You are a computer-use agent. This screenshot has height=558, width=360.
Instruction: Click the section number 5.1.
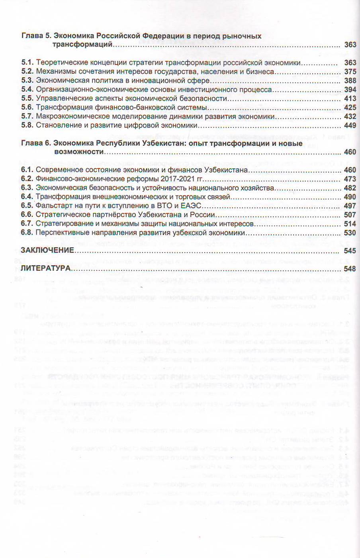coord(27,63)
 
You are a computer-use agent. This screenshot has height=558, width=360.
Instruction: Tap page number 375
coord(350,72)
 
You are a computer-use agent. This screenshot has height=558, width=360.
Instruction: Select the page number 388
coord(350,81)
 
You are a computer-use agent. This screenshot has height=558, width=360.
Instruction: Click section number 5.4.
coord(27,90)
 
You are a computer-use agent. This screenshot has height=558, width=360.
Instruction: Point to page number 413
coord(350,99)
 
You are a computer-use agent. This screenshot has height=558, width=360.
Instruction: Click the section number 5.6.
coord(27,108)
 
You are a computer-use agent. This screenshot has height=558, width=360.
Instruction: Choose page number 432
coord(350,117)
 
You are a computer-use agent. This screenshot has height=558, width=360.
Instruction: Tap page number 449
coord(350,126)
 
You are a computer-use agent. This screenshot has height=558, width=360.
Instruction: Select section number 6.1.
coord(27,170)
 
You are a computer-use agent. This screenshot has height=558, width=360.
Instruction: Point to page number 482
coord(350,188)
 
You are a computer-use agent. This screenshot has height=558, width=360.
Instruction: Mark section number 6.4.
coord(27,197)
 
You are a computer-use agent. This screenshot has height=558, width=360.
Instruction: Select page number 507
coord(350,215)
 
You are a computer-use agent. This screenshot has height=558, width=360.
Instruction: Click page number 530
coord(350,233)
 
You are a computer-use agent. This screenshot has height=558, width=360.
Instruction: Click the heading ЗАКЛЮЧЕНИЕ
coord(47,251)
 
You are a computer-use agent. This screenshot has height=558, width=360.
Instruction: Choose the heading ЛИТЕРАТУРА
coord(45,268)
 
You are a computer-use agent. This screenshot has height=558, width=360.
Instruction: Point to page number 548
coord(350,268)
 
